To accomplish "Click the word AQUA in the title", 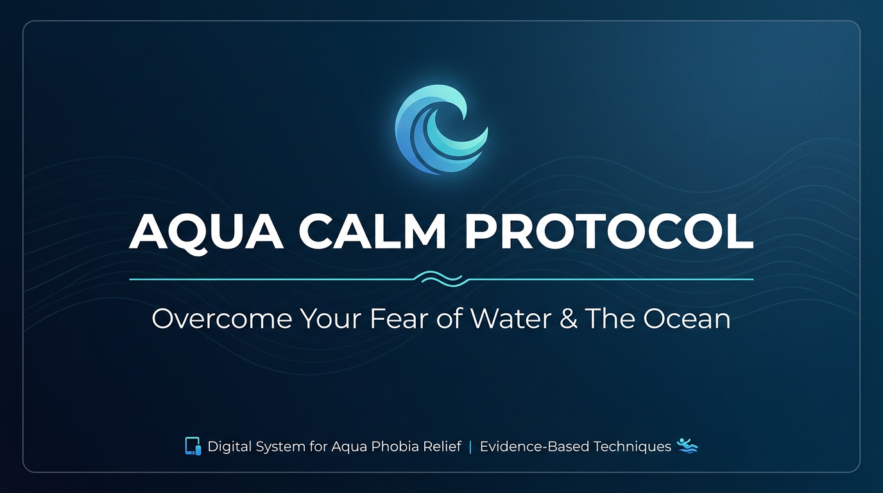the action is (206, 232).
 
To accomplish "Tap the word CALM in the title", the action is (372, 232).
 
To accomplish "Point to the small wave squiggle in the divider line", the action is (441, 279).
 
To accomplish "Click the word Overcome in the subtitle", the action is (222, 318).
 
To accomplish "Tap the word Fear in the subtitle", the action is (399, 318).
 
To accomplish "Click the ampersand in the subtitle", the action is (568, 318).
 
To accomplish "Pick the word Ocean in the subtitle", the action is (687, 318).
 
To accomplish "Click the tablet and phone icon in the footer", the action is (193, 446).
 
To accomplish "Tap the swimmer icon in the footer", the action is (687, 446).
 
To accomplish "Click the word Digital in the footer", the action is (230, 447).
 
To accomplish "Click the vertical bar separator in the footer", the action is (470, 447).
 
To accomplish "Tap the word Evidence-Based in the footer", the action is (535, 447).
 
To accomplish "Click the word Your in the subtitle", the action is (330, 318).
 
